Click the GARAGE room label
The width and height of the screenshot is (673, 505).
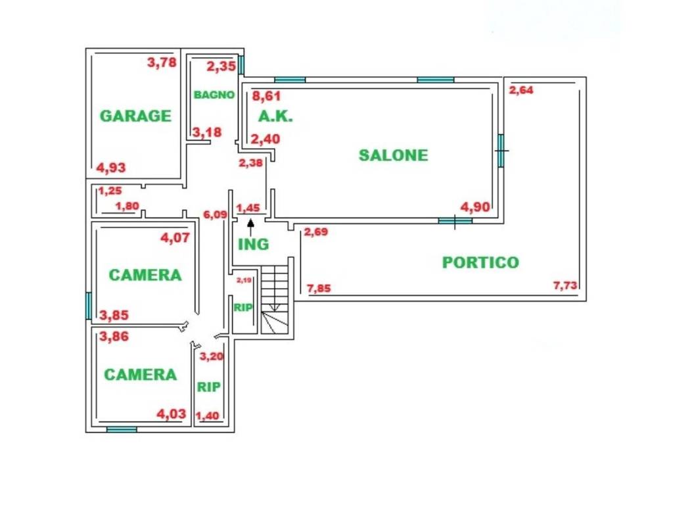135,116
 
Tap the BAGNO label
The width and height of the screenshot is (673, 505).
214,95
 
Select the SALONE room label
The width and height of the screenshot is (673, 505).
393,155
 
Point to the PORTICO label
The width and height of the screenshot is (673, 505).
480,262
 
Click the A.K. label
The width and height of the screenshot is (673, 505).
275,116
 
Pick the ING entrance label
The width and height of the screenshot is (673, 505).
253,245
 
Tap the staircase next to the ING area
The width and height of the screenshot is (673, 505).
274,299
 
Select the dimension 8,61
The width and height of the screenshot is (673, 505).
266,95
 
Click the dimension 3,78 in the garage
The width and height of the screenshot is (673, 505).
162,62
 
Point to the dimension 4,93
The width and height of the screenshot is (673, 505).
111,168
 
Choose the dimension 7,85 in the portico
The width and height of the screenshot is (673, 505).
319,288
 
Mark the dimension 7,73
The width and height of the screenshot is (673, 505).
565,285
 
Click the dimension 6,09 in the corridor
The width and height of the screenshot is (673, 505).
215,214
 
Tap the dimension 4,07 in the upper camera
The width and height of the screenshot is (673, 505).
175,237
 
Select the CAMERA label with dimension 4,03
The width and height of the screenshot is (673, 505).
141,374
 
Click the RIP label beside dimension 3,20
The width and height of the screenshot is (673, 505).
208,387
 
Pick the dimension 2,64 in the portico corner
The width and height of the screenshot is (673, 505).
521,89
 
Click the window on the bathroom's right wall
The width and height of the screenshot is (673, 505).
241,65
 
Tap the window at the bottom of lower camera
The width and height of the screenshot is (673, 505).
122,429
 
